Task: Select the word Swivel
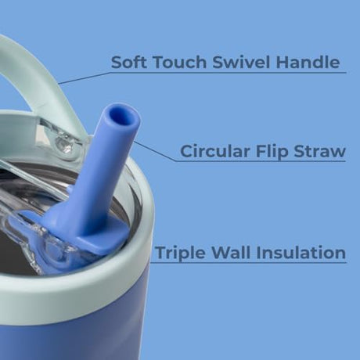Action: click(x=241, y=62)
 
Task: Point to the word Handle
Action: click(x=308, y=62)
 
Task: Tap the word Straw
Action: click(x=320, y=151)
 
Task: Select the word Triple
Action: click(x=180, y=253)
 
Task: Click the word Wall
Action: click(x=230, y=252)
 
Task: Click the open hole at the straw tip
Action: click(x=123, y=117)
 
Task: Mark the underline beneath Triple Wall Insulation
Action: click(x=249, y=262)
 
